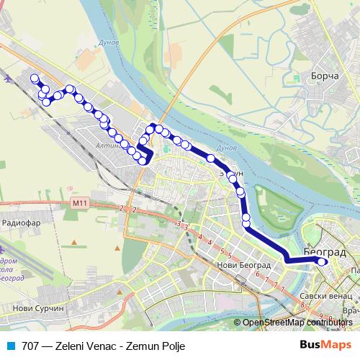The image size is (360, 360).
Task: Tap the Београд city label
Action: (x=325, y=253)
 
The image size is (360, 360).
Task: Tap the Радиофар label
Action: (x=21, y=223)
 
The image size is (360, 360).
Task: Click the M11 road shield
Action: (x=79, y=204)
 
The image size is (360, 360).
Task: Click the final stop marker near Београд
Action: (x=323, y=262)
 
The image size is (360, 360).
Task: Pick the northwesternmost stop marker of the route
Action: (x=34, y=78)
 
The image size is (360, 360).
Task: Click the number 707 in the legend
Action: (x=30, y=346)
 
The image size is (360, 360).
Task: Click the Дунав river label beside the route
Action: (x=227, y=148)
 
